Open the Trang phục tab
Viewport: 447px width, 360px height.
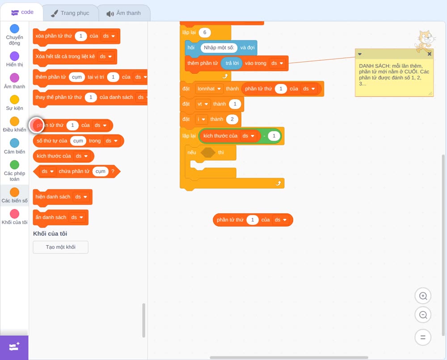coord(71,13)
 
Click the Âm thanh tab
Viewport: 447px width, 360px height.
coord(124,13)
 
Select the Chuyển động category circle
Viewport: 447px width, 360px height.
coord(15,29)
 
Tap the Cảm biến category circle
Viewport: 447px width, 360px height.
coord(15,143)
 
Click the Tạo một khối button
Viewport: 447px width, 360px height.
coord(61,247)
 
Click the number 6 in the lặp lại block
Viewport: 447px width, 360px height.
coord(204,33)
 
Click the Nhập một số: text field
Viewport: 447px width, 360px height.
coord(219,47)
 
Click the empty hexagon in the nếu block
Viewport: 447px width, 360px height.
coord(208,152)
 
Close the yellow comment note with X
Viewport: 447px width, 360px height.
coord(429,54)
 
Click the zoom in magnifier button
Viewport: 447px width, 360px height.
coord(423,296)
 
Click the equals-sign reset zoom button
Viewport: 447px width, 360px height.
coord(423,338)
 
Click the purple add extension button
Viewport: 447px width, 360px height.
coord(14,347)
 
